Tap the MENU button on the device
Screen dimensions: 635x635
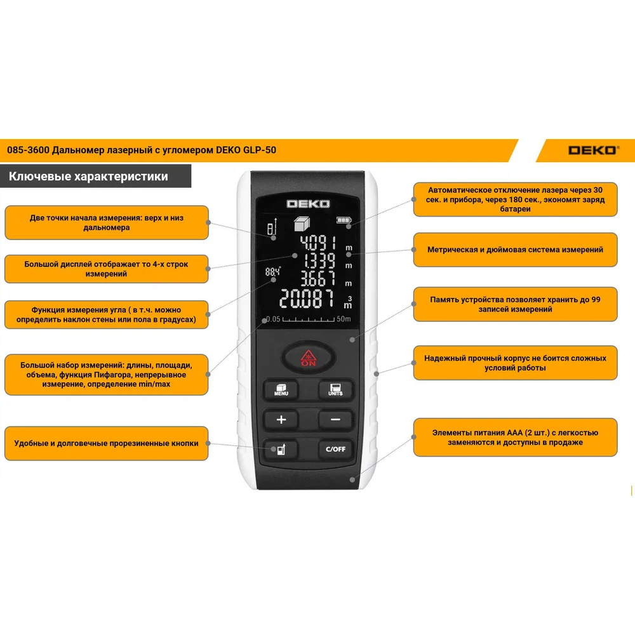[281, 390]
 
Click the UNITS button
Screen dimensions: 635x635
[335, 390]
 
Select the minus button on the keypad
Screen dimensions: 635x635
[335, 420]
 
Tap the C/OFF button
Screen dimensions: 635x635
[335, 449]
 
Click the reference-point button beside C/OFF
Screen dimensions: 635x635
[281, 449]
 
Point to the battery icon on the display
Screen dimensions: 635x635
[344, 220]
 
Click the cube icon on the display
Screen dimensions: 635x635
[302, 224]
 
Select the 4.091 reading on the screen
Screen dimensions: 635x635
[318, 243]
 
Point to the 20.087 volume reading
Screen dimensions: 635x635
[307, 299]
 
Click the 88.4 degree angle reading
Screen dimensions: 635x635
[272, 272]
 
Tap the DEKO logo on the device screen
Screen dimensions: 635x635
[308, 204]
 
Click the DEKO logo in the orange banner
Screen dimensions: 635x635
[593, 150]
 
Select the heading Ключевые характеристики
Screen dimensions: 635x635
[88, 176]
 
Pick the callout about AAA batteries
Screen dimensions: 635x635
[515, 438]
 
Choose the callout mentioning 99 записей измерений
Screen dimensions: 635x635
[515, 305]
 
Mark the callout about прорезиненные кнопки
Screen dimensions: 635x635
[107, 443]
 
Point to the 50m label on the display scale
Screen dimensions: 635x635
[344, 319]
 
